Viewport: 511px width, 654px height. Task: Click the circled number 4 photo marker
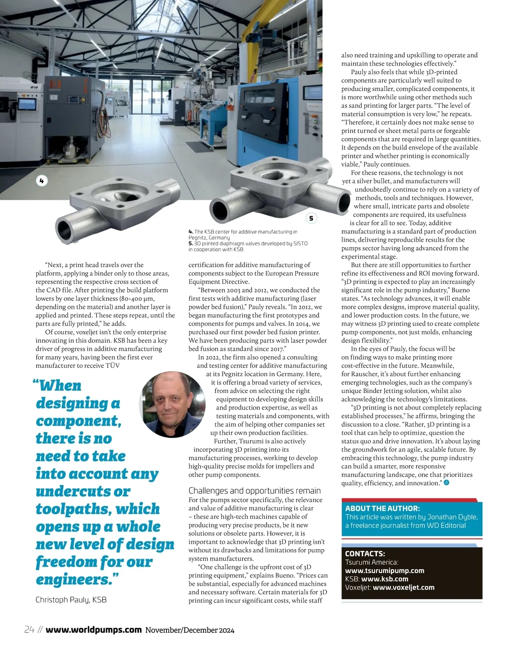coord(41,181)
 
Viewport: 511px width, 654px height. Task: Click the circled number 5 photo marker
coord(311,218)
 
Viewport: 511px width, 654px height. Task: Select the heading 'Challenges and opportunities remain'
coord(254,490)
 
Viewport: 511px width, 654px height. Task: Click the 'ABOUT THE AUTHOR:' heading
coord(382,508)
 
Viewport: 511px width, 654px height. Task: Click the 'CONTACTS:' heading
coord(365,553)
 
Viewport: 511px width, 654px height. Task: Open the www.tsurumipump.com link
coord(385,570)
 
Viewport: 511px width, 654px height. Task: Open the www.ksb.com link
coord(385,579)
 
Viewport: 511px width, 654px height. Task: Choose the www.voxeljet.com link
coord(404,588)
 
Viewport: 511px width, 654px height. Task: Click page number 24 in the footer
coord(29,630)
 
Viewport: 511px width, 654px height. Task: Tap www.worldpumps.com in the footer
coord(94,630)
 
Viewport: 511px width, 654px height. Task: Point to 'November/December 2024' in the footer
coord(190,630)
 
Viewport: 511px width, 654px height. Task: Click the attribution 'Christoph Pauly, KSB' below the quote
coord(71,599)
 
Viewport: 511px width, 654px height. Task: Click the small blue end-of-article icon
coord(447,483)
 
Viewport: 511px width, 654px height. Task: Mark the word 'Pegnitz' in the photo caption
coord(198,238)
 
